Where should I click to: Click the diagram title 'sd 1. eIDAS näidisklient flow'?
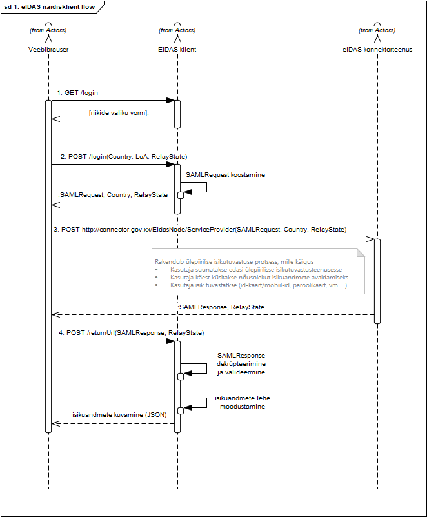pos(50,6)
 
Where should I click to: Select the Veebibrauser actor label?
pos(48,50)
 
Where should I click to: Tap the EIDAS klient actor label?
pos(177,50)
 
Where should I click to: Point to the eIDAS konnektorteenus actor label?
pos(377,50)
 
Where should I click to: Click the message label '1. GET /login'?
pos(77,93)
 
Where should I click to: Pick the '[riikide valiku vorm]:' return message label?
pos(119,113)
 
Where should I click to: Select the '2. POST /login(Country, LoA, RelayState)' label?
pos(124,157)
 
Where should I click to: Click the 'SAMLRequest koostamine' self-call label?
pos(225,175)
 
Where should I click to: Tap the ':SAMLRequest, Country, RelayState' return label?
pos(113,195)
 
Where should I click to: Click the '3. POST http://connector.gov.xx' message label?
pos(200,230)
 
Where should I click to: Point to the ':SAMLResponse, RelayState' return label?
pos(221,307)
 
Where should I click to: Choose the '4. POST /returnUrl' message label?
pos(132,333)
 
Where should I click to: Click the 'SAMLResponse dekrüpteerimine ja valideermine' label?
pos(241,363)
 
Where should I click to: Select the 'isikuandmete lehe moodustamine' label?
pos(243,402)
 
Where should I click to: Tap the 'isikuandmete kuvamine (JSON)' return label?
pos(119,415)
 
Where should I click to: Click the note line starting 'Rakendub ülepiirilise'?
pos(234,262)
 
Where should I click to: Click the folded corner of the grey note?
pos(361,252)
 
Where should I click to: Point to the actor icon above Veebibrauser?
pos(48,32)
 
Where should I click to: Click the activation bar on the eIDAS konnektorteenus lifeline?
pos(377,281)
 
